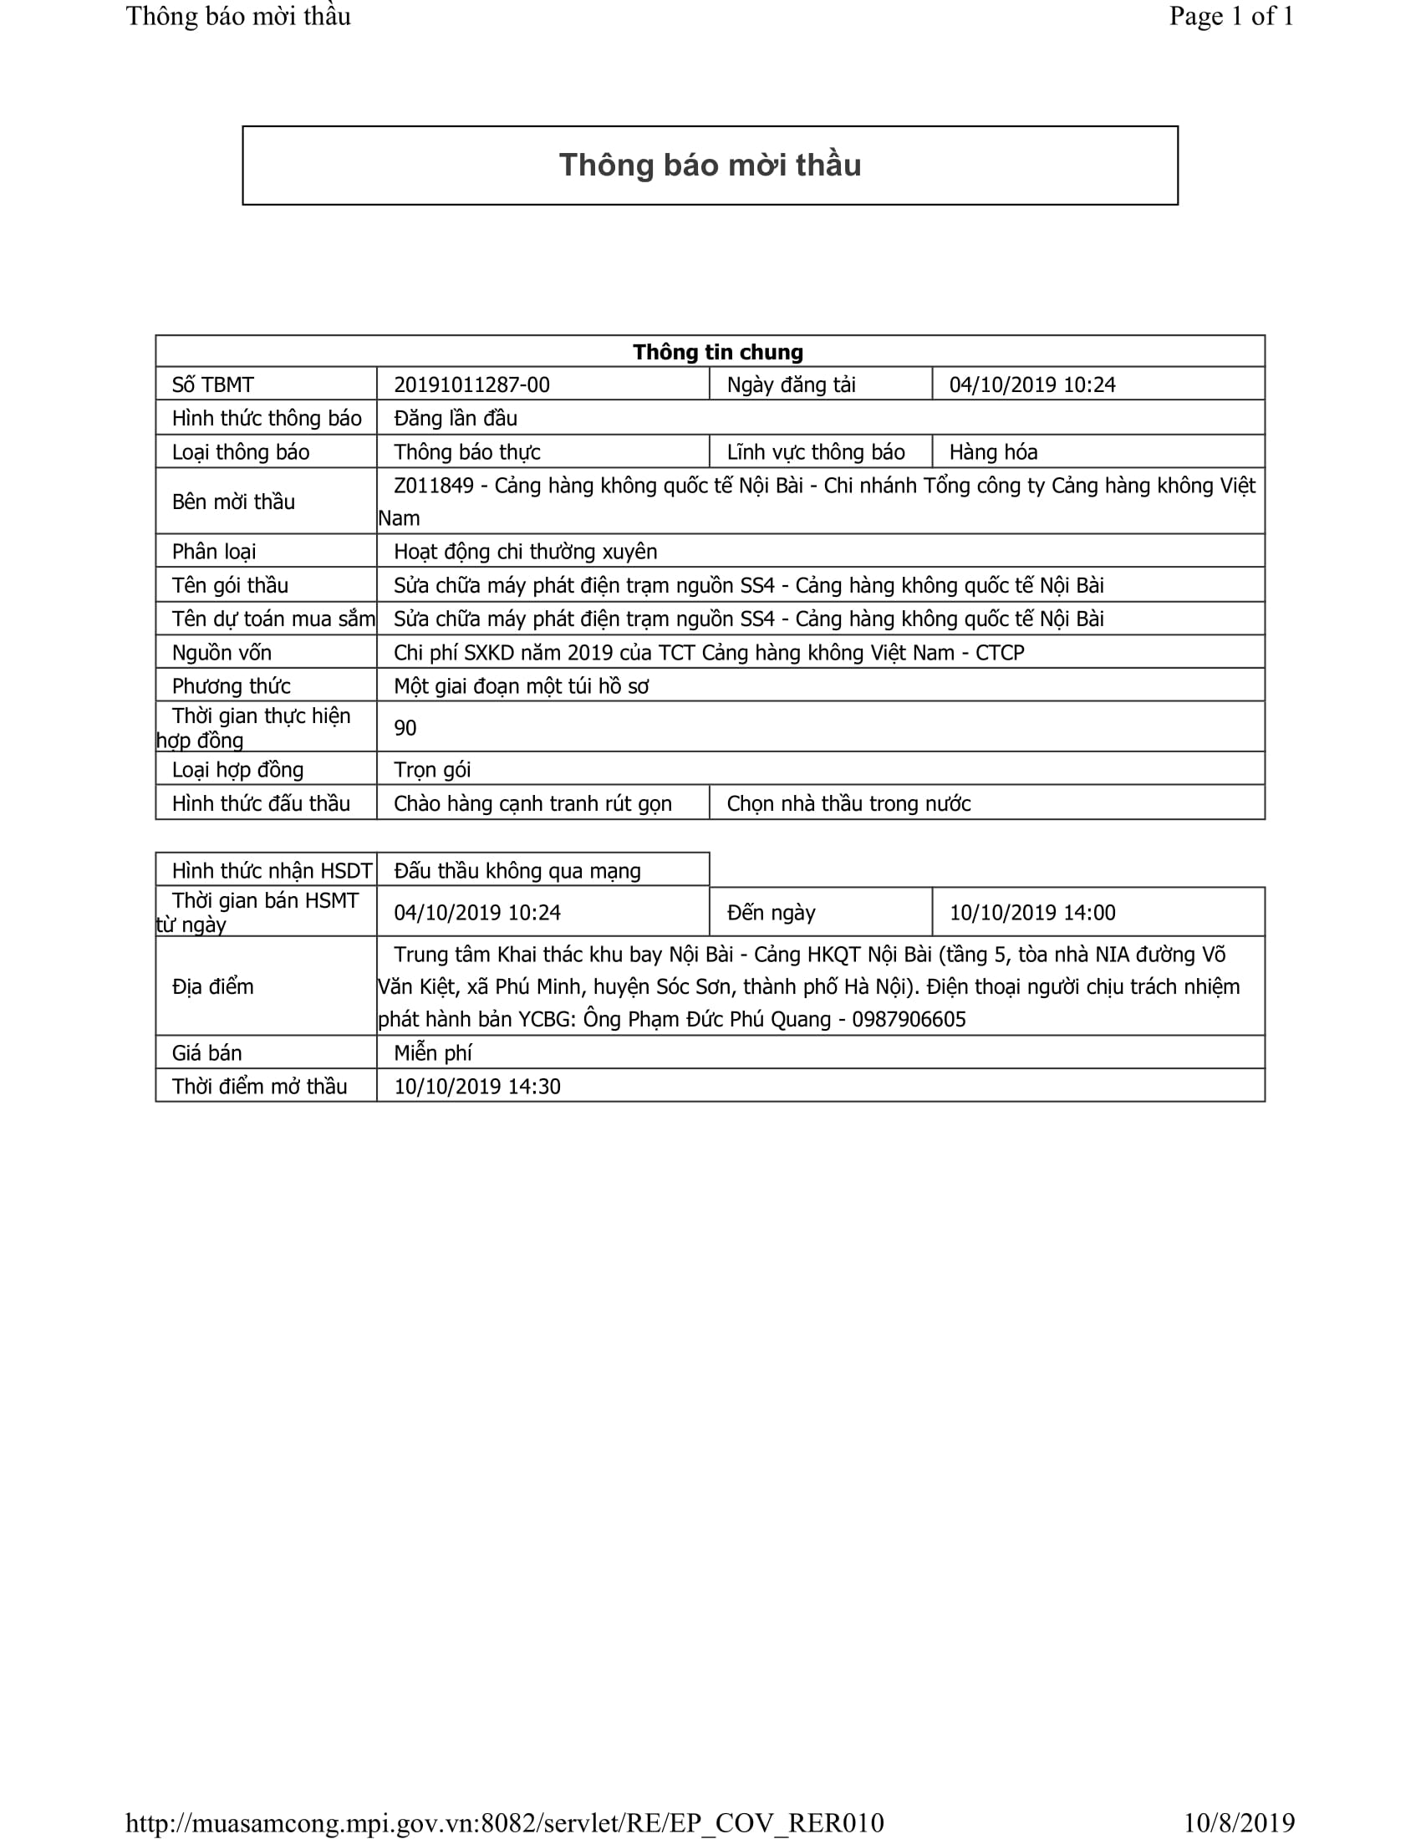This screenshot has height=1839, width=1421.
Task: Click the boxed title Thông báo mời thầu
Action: coord(710,165)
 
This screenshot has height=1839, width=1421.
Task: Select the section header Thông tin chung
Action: coord(717,352)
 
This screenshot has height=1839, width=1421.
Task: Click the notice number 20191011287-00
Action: coord(471,385)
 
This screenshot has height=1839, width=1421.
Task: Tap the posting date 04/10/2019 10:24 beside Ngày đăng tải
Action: coord(1032,385)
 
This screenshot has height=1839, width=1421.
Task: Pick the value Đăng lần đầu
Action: coord(456,419)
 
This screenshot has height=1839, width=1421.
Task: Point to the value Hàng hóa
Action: coord(993,452)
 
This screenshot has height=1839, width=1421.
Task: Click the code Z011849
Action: coord(434,486)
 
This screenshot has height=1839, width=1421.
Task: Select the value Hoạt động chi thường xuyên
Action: coord(525,552)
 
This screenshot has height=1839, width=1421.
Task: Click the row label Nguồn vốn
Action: coord(222,653)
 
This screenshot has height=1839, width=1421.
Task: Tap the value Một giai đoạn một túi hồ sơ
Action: coord(521,686)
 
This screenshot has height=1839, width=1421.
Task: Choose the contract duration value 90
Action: coord(405,727)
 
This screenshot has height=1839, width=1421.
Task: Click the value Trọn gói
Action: coord(432,770)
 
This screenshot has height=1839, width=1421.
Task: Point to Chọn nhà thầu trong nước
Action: coord(848,803)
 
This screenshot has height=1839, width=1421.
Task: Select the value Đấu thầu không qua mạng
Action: coord(517,871)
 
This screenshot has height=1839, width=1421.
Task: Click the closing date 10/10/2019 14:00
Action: coord(1032,913)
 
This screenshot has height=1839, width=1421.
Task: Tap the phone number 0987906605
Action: coord(909,1020)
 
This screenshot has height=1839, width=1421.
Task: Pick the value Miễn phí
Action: coord(433,1052)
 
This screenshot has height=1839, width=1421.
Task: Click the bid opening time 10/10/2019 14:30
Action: coord(477,1086)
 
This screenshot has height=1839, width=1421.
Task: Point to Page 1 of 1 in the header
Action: coord(1230,17)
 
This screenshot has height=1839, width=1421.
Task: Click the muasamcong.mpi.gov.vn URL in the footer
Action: coord(504,1822)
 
